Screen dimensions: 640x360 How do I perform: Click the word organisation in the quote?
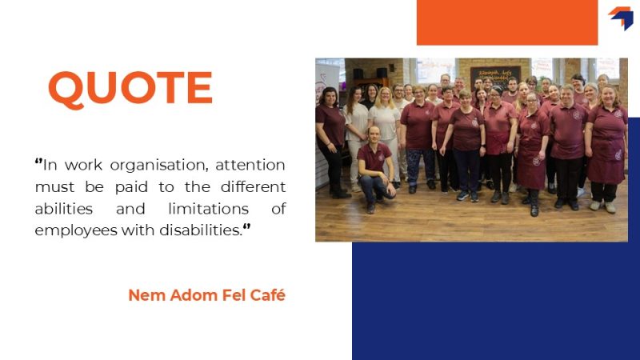pos(159,166)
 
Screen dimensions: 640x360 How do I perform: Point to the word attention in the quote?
pos(250,165)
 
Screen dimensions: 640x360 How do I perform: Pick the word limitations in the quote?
pos(208,209)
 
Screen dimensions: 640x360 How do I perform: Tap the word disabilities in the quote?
pos(201,230)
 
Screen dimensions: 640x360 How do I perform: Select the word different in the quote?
pos(253,187)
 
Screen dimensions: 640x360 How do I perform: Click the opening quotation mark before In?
pos(38,162)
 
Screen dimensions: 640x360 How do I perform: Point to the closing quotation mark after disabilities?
pos(246,227)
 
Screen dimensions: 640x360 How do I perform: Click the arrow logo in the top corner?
pos(622,18)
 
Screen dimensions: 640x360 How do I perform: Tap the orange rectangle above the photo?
pos(507,22)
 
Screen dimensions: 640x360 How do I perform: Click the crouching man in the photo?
pos(374,170)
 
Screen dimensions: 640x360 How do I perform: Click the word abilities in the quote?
pos(64,209)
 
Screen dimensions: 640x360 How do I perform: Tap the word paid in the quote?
pos(131,187)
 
